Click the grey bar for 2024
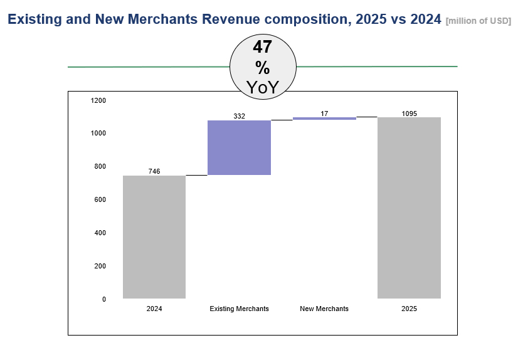click(154, 237)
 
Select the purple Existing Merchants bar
click(239, 147)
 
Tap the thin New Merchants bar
click(324, 118)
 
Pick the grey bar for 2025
click(409, 208)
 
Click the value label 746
click(154, 171)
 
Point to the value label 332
click(239, 116)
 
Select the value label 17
click(324, 114)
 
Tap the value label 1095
click(409, 114)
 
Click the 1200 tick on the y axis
click(98, 100)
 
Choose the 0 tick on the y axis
click(104, 299)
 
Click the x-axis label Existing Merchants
click(239, 309)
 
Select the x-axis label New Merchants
click(324, 309)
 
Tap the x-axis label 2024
click(154, 309)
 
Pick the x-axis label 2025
click(409, 309)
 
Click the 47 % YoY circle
click(263, 66)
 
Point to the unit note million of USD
click(478, 21)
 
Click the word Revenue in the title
click(232, 19)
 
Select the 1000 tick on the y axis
click(98, 133)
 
